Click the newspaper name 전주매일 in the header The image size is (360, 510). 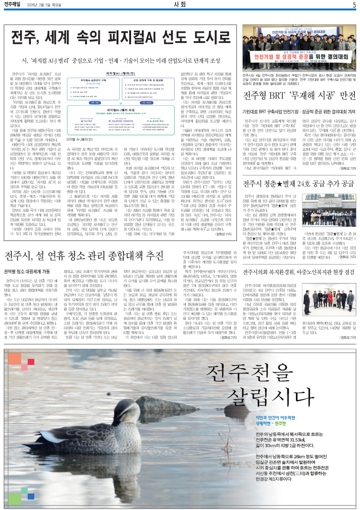(15, 5)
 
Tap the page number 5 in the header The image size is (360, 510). (354, 5)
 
